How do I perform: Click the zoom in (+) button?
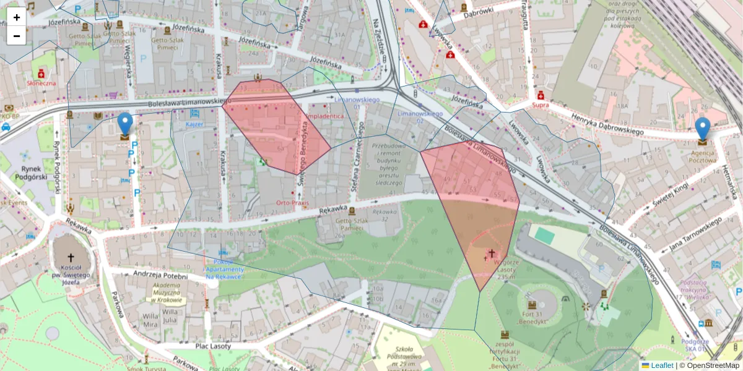tap(17, 17)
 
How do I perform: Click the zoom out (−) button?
tap(17, 36)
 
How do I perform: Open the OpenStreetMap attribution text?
tap(713, 365)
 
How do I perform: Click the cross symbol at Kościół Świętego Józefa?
tap(70, 257)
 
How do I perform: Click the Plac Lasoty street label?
tap(212, 346)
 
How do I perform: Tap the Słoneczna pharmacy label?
tap(41, 82)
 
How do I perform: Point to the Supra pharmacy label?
tap(540, 105)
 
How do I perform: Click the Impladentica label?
tap(325, 116)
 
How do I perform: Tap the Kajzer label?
tap(194, 124)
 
